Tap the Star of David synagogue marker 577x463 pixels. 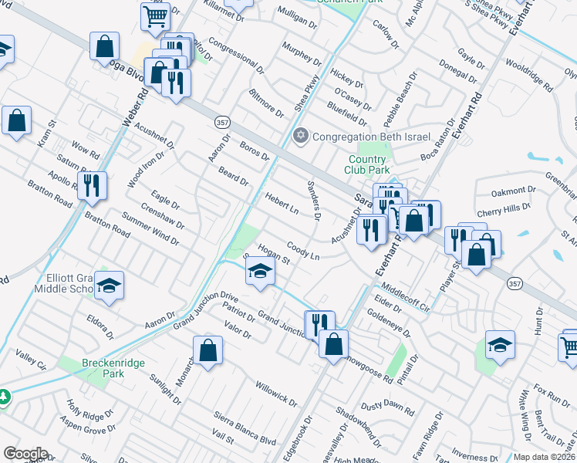click(x=301, y=137)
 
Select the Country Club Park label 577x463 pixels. click(x=368, y=164)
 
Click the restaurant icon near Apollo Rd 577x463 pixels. click(x=92, y=185)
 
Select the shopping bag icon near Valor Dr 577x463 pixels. click(x=208, y=350)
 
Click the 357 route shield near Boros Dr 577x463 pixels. click(x=221, y=122)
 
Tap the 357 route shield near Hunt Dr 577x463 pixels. click(x=514, y=284)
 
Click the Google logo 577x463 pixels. click(x=25, y=453)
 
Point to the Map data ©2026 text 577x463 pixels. click(x=545, y=457)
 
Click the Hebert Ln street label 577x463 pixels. click(x=282, y=202)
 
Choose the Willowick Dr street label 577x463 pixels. click(x=276, y=392)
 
